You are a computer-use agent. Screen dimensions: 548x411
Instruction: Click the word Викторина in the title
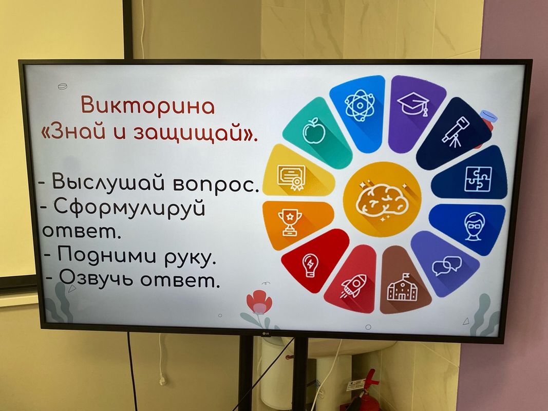(147, 105)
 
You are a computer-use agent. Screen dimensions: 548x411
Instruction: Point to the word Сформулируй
(129, 208)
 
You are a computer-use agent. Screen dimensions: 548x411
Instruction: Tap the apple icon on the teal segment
(313, 130)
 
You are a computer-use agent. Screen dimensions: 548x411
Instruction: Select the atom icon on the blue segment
(360, 104)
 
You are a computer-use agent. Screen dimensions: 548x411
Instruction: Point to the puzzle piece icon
(478, 179)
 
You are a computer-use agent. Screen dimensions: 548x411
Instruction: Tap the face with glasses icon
(474, 226)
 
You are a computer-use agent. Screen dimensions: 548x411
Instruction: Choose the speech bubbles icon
(447, 266)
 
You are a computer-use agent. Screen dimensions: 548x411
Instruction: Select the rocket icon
(354, 286)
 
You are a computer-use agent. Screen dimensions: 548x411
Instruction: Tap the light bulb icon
(310, 265)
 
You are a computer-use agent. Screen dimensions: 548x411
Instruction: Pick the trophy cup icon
(290, 222)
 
